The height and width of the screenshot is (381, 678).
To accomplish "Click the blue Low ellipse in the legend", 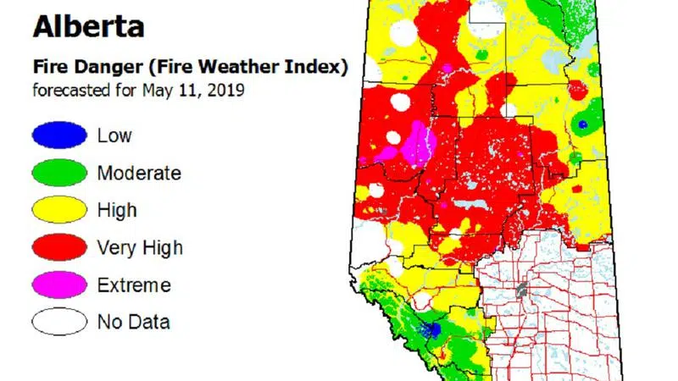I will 59,135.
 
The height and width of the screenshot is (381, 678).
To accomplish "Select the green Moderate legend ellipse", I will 59,173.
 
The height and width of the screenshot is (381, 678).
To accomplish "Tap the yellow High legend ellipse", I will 59,210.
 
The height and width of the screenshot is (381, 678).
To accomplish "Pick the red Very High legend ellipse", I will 59,247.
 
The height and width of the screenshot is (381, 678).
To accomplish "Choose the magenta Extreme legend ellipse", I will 59,284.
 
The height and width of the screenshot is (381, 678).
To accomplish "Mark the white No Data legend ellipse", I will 59,322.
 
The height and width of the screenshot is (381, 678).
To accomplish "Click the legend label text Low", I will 114,135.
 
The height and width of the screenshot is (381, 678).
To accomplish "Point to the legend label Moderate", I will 139,173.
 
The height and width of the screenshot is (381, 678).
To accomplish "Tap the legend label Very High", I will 140,248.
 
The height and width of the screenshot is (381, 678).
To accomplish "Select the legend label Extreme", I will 134,285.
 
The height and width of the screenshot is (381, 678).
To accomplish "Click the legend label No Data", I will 133,323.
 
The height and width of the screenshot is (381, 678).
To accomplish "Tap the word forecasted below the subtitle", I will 72,89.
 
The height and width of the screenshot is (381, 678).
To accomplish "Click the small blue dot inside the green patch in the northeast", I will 582,124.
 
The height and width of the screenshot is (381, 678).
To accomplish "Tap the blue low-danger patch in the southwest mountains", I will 433,329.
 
